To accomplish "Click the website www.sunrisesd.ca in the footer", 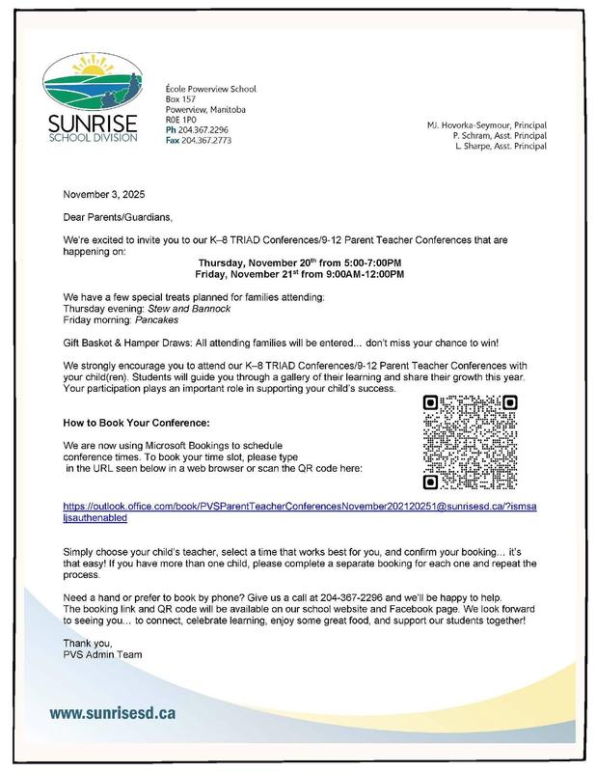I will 113,714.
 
